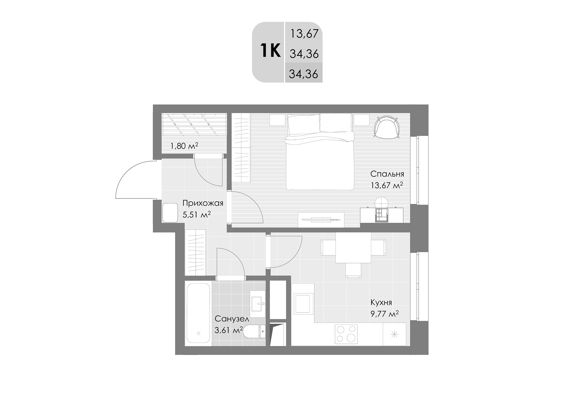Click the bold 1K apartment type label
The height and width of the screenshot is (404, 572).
coord(270,51)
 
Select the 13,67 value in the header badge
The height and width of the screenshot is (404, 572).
coord(304,34)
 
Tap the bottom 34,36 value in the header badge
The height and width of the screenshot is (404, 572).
coord(303,74)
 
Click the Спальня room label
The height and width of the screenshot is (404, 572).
coord(387,174)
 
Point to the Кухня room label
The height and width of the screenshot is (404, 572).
coord(381,302)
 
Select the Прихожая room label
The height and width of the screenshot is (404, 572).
coord(203,203)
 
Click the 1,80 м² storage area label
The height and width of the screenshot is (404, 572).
coord(184,146)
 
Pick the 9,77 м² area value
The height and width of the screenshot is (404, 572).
coord(384,314)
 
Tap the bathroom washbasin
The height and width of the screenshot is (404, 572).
coord(257,303)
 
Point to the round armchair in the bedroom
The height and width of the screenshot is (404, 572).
coord(387,127)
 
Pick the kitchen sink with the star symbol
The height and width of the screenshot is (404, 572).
coord(394,334)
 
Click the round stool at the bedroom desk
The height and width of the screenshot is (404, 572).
coord(381,203)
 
